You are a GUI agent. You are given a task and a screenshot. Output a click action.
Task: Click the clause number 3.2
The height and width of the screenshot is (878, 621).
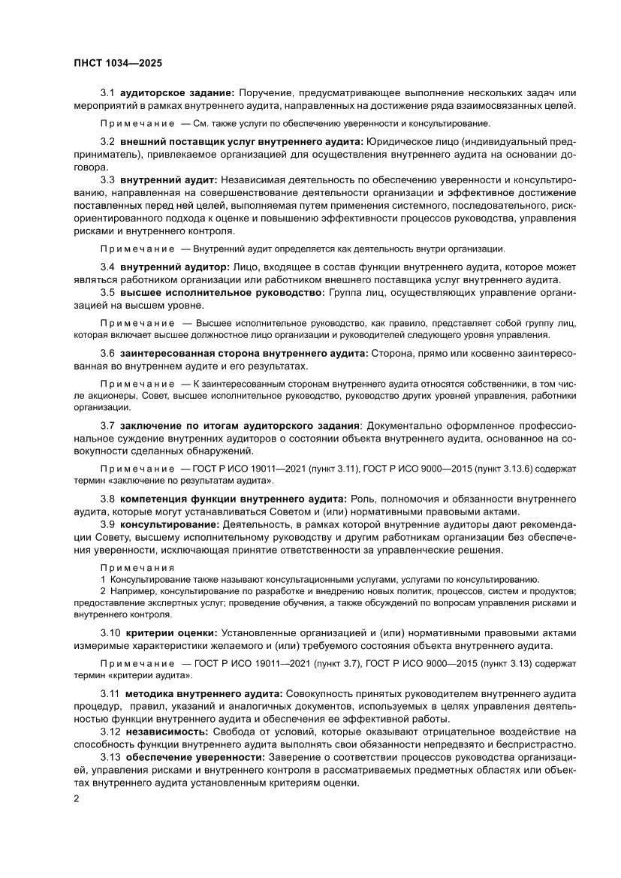(108, 141)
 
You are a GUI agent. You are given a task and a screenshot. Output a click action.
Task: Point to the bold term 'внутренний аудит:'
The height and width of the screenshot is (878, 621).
(169, 180)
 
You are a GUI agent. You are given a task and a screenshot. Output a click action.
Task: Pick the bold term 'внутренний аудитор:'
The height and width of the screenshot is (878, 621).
(174, 267)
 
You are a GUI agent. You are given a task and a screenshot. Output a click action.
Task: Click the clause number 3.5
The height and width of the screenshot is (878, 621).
(108, 292)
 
